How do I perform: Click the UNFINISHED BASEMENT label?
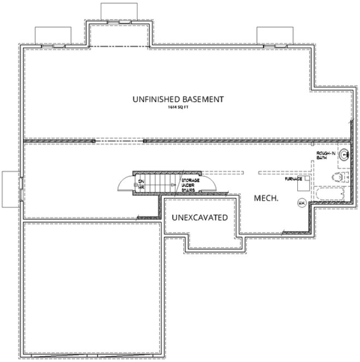coord(177,100)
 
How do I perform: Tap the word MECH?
coord(267,198)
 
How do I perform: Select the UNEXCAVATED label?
coord(199,218)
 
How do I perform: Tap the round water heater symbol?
coord(301,203)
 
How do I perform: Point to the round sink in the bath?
coord(344,156)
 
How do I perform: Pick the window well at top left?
coord(53,35)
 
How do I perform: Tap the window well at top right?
coord(272,35)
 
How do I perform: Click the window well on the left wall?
coord(10,189)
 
